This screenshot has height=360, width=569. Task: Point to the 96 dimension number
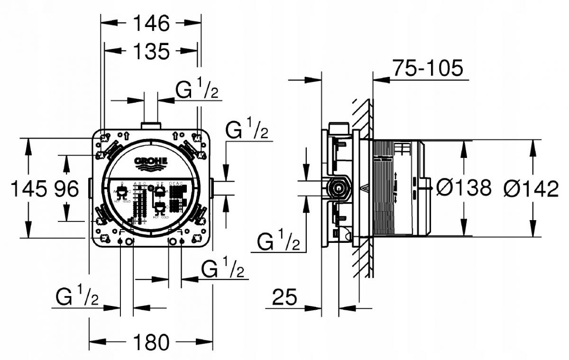point(65,189)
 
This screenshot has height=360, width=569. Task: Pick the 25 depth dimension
point(284,298)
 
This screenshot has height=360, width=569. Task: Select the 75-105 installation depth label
point(427,69)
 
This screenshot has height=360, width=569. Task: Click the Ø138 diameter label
point(464,188)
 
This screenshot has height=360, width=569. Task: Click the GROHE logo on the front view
point(152,162)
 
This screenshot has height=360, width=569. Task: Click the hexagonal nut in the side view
point(338,188)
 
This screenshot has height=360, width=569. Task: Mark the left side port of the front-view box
point(90,188)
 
